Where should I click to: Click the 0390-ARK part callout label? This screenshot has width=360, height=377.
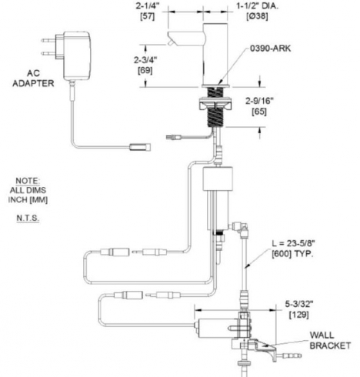click(270, 48)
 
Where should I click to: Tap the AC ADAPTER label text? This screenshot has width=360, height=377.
click(33, 78)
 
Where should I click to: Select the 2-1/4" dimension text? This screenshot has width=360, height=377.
click(147, 6)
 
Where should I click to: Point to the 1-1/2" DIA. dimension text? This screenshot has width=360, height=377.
click(257, 6)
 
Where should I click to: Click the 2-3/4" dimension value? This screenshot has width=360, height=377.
click(145, 60)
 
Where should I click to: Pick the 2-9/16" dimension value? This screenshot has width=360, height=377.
click(259, 101)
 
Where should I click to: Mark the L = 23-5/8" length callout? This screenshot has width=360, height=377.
click(294, 243)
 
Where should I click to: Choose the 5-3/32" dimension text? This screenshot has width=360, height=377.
click(299, 304)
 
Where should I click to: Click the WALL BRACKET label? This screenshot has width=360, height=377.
click(330, 340)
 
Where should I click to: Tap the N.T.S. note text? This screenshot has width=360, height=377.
click(28, 218)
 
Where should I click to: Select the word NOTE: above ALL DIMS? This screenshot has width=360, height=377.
click(28, 181)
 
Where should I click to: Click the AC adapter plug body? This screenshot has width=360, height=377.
click(76, 55)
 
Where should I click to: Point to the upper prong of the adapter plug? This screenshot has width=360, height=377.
click(48, 40)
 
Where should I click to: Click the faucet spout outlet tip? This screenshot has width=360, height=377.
click(170, 43)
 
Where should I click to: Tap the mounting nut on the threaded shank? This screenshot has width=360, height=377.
click(215, 105)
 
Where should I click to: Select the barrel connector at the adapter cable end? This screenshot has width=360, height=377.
click(140, 147)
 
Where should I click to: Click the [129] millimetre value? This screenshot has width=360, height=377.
click(299, 315)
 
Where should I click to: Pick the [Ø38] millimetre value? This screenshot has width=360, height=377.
click(257, 16)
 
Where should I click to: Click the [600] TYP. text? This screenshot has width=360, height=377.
click(292, 254)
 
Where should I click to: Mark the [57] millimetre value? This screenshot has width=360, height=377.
click(147, 16)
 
